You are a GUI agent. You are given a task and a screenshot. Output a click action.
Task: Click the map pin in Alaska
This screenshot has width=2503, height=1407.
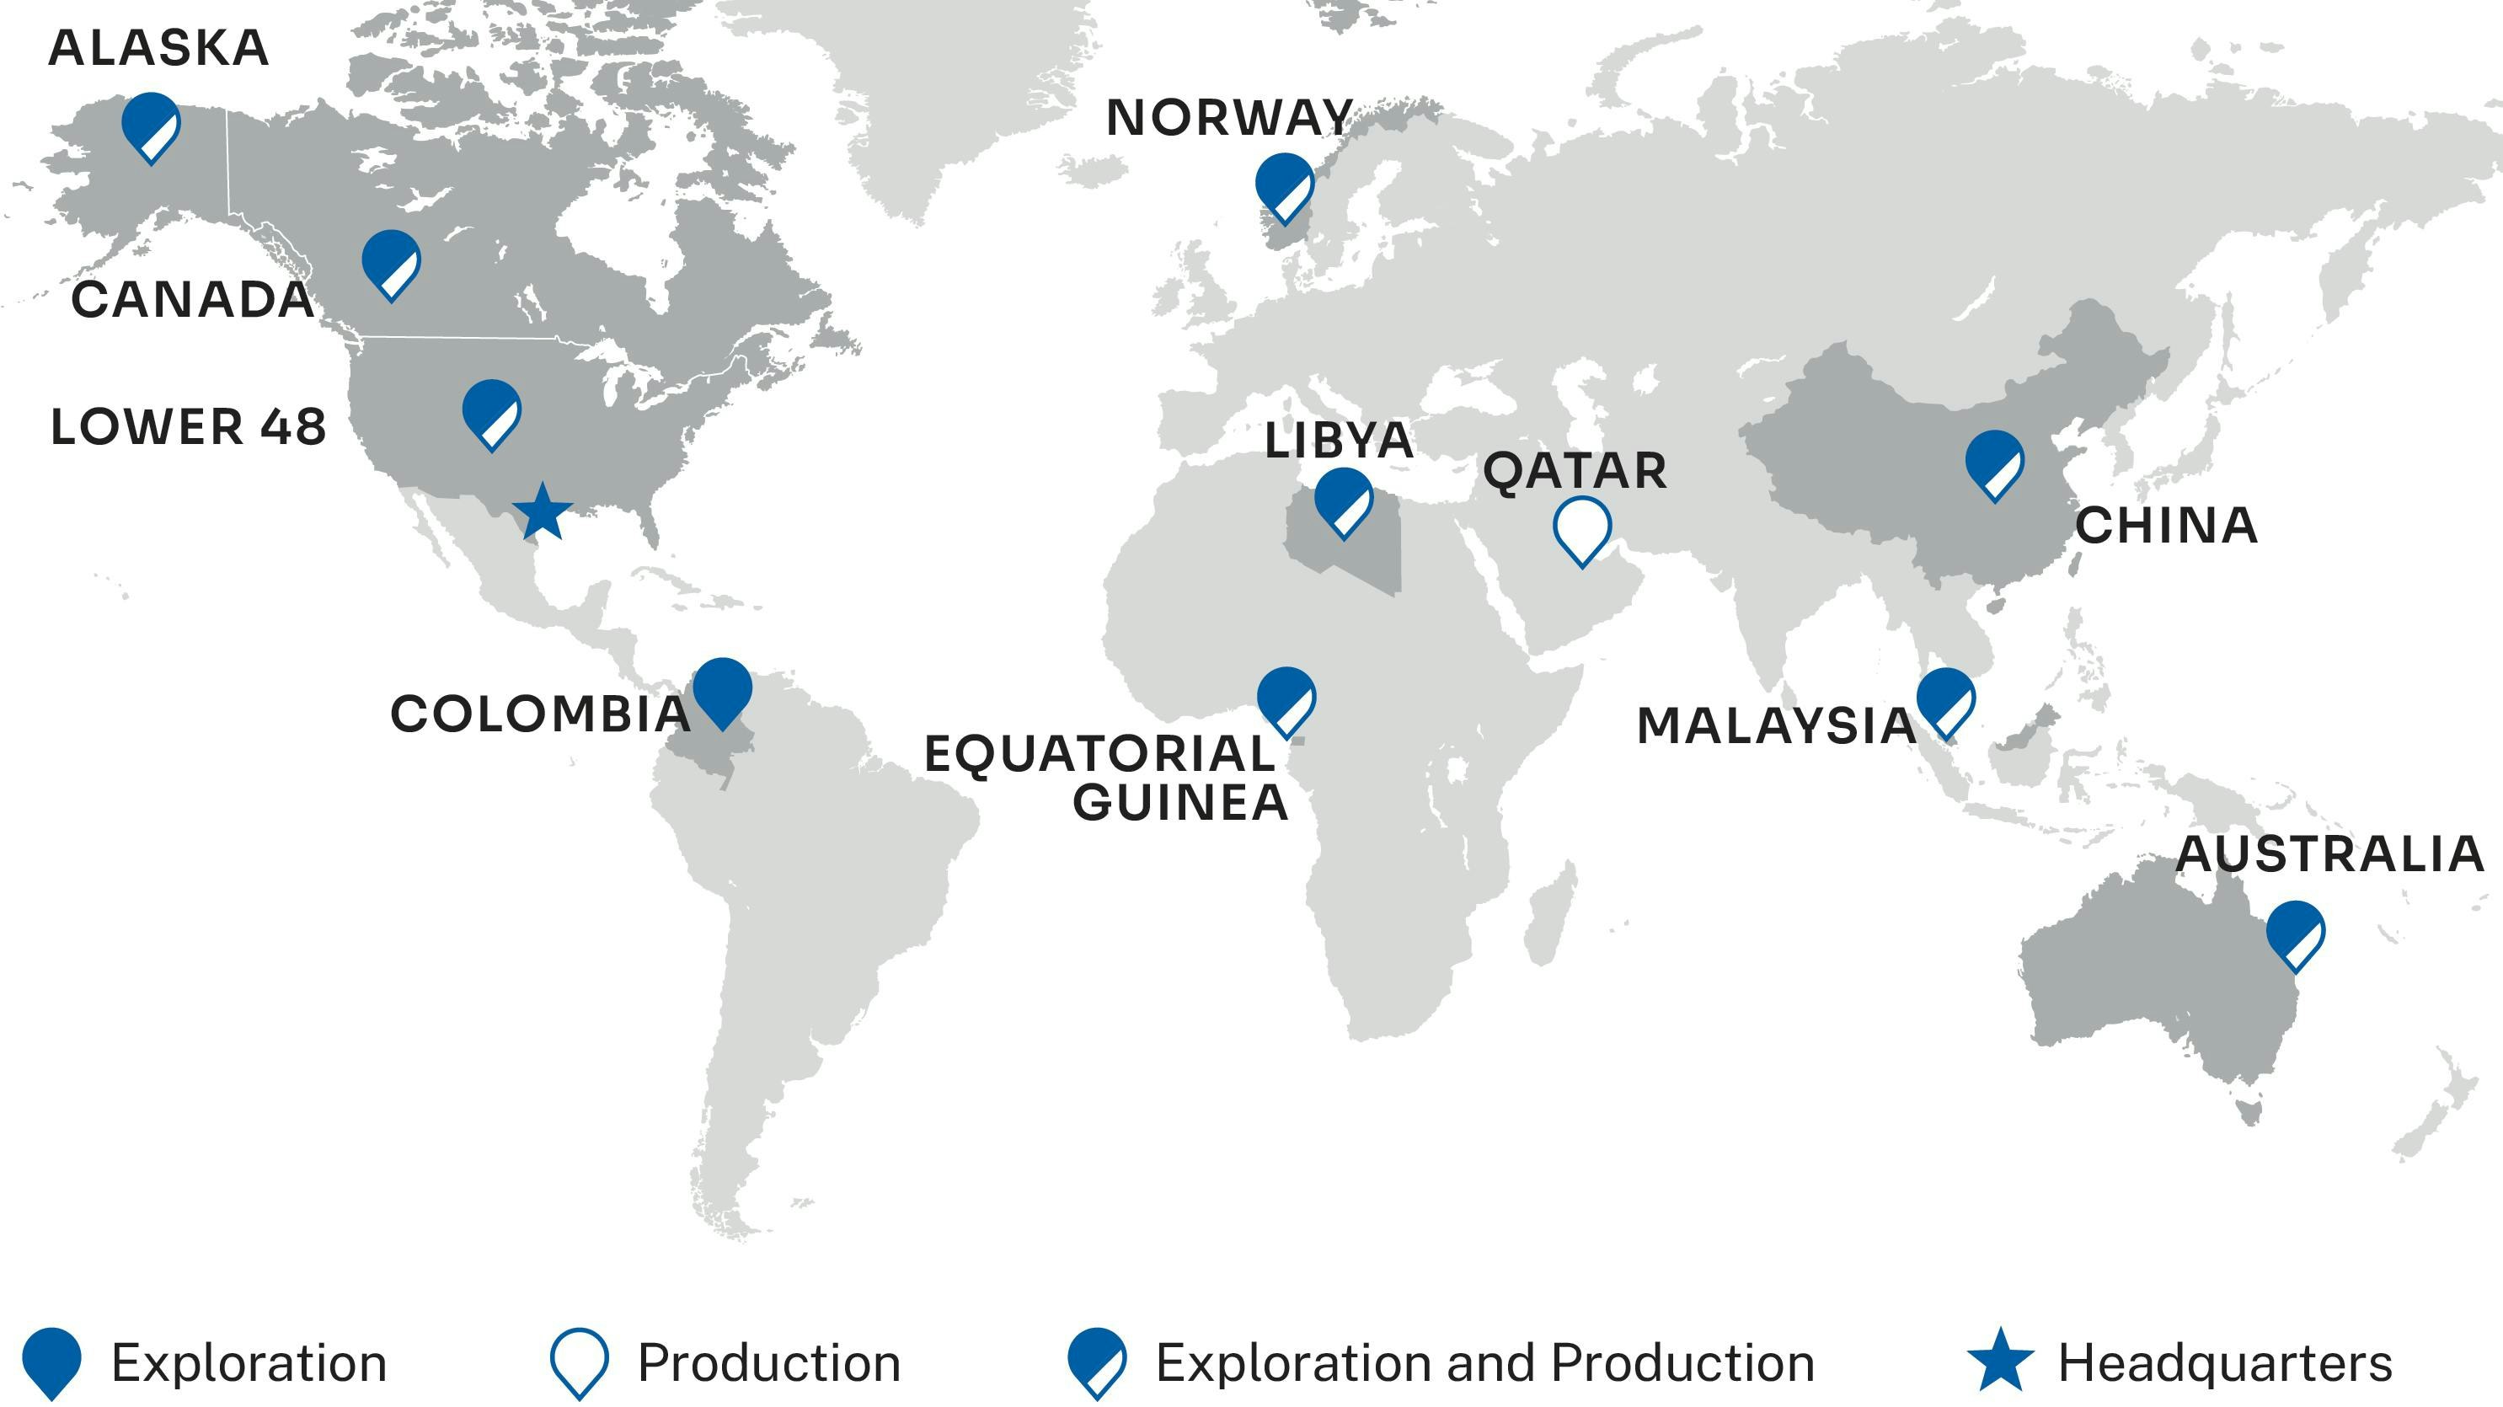[x=151, y=125]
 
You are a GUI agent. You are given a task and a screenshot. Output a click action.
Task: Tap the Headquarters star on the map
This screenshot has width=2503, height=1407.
[x=543, y=512]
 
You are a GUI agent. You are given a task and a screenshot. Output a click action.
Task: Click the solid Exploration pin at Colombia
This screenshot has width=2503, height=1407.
[x=722, y=689]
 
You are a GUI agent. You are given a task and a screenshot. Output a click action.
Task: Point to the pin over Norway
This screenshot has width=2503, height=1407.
[x=1285, y=185]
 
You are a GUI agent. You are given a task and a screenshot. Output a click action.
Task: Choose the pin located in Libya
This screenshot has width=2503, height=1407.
[x=1343, y=500]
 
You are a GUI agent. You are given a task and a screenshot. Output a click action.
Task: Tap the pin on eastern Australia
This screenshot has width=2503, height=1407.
[x=2295, y=932]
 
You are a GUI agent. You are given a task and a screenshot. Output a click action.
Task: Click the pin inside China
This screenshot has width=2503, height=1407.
[x=1994, y=463]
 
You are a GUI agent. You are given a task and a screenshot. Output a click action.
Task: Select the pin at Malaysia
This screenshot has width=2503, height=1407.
[x=1945, y=699]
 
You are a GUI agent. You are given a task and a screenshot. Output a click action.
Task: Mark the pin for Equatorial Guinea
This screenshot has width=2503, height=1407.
[x=1286, y=698]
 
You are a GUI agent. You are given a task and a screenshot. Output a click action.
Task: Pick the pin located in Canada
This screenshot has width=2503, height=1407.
[x=391, y=261]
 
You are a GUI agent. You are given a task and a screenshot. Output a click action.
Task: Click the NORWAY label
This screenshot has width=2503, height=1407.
[x=1229, y=118]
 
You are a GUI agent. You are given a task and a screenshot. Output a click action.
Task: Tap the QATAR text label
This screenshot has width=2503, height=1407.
[x=1574, y=471]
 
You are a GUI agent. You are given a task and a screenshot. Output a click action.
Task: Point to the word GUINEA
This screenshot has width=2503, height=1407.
[x=1179, y=803]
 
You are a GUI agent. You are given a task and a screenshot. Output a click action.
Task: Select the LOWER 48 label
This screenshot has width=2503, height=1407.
[x=188, y=427]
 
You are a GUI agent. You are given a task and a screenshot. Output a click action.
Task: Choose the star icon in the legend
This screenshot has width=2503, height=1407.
[x=2000, y=1361]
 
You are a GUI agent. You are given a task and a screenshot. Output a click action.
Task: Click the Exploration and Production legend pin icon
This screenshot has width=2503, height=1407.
[x=1097, y=1361]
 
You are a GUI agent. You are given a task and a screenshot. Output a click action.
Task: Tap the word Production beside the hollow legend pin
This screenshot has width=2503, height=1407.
[x=768, y=1362]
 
